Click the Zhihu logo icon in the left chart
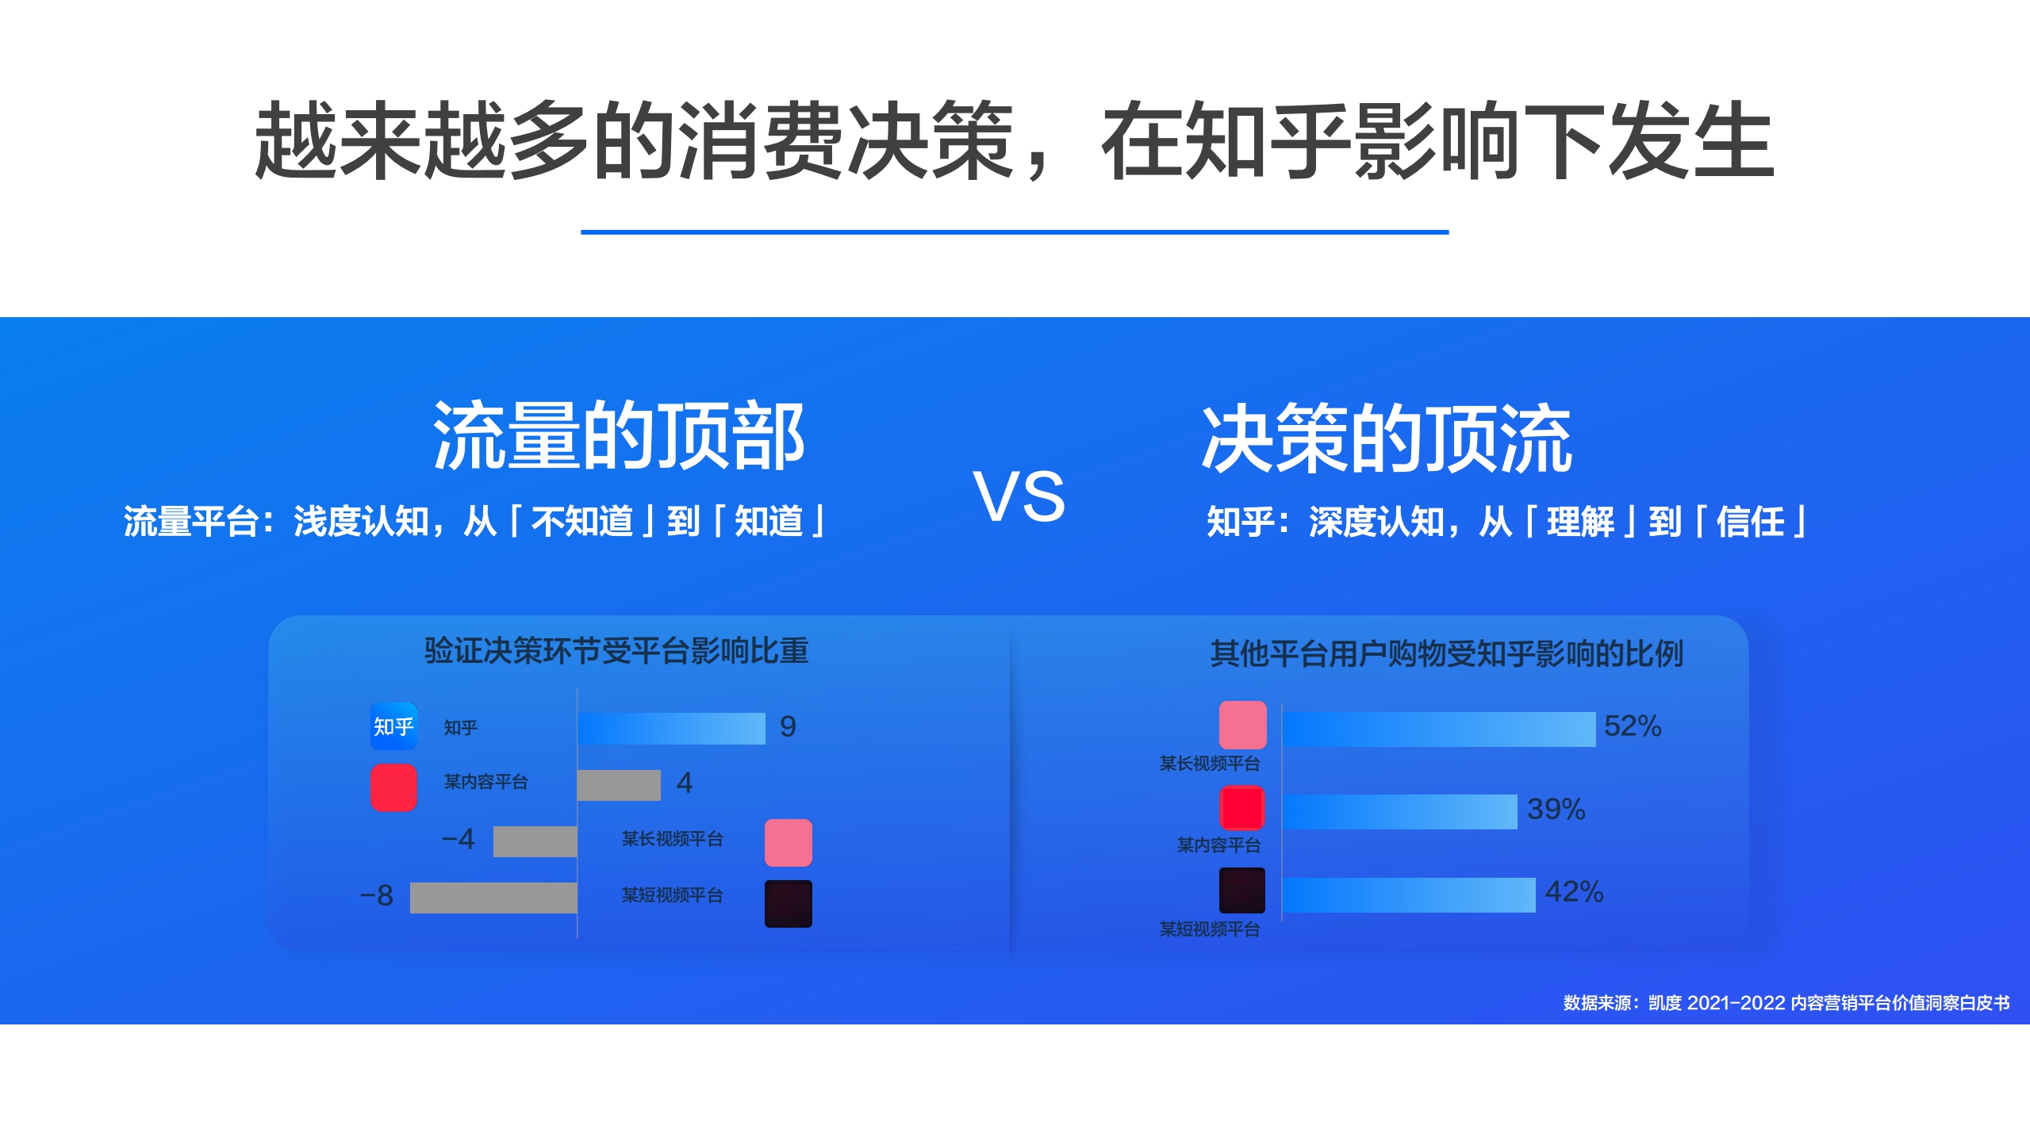click(393, 726)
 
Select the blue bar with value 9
click(671, 728)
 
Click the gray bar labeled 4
click(619, 785)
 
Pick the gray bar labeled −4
click(535, 841)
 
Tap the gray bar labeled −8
click(493, 898)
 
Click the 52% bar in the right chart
click(1439, 729)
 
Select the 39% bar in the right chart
click(1400, 811)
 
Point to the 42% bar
click(1409, 894)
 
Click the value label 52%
click(1632, 726)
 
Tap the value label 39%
click(1556, 809)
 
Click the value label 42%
click(1574, 892)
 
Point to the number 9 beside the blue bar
click(788, 726)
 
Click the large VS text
click(1019, 497)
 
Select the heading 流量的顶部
click(619, 436)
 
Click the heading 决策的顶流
click(1387, 438)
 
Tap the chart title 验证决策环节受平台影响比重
click(616, 651)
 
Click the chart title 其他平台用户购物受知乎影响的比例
click(1446, 654)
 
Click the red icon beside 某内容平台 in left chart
click(393, 787)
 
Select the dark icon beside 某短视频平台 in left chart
click(788, 903)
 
